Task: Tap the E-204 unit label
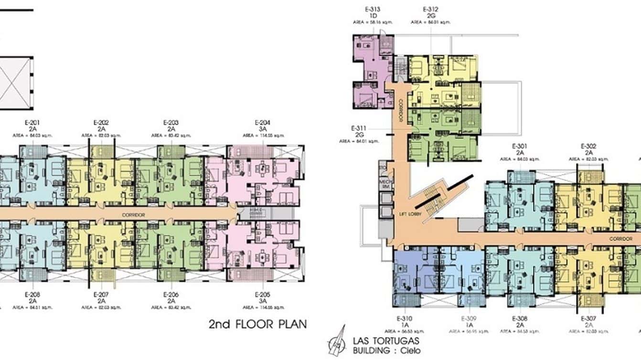click(x=263, y=123)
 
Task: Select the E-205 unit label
click(x=263, y=295)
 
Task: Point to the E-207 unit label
click(x=101, y=295)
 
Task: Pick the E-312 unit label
click(x=430, y=9)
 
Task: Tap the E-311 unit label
click(x=359, y=128)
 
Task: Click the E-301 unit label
click(x=519, y=146)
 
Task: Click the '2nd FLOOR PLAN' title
click(x=258, y=325)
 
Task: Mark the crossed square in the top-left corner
click(x=15, y=83)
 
